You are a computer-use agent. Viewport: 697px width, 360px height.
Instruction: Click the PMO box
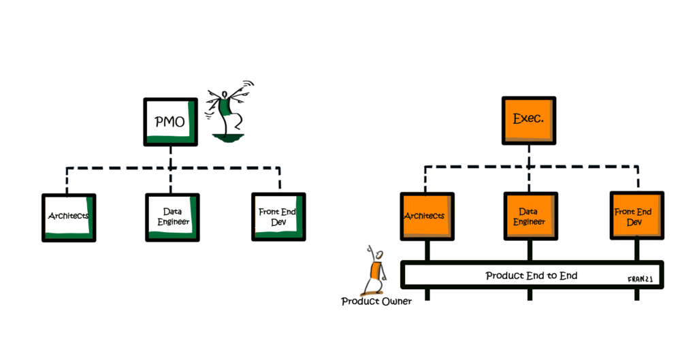[x=171, y=122]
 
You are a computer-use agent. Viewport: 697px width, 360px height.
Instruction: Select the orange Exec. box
[x=529, y=120]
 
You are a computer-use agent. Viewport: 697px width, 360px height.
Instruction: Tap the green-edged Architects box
[x=69, y=218]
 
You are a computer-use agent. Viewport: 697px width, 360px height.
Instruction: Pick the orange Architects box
[x=427, y=216]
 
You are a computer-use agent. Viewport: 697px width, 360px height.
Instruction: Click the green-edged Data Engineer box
[x=172, y=218]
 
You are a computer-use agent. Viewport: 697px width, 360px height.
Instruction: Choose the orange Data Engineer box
[x=531, y=216]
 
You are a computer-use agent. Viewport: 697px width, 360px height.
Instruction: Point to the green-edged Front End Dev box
[x=278, y=217]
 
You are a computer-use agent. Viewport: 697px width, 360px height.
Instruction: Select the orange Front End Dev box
[x=637, y=216]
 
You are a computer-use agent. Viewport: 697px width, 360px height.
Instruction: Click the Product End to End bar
[x=532, y=275]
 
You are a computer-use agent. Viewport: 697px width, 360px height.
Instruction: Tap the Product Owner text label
[x=376, y=301]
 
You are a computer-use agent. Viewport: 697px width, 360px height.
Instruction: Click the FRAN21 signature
[x=640, y=280]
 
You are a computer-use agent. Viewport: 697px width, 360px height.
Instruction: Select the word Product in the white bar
[x=503, y=276]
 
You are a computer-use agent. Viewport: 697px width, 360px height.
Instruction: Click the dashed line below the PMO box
[x=171, y=169]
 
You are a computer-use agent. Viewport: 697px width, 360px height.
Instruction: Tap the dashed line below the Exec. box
[x=529, y=168]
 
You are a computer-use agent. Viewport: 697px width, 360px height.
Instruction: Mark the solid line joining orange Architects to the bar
[x=427, y=250]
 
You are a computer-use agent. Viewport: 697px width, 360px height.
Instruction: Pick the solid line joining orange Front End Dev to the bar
[x=637, y=250]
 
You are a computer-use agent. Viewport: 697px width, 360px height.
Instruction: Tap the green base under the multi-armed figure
[x=228, y=137]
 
